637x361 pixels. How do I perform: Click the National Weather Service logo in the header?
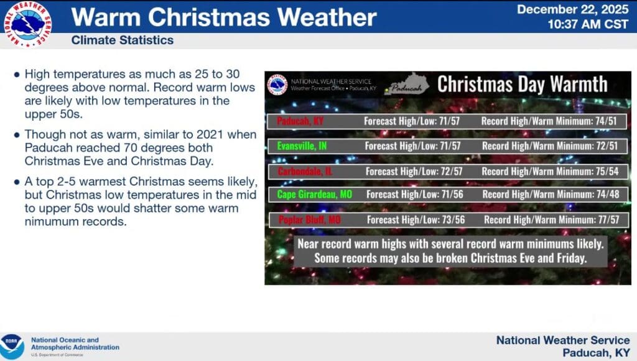pyautogui.click(x=27, y=24)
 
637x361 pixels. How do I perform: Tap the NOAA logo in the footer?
pyautogui.click(x=12, y=346)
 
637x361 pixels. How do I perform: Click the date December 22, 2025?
pyautogui.click(x=572, y=9)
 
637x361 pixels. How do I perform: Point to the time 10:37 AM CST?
pyautogui.click(x=587, y=24)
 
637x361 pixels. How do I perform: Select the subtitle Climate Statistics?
pyautogui.click(x=123, y=40)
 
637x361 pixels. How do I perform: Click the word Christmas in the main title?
pyautogui.click(x=209, y=17)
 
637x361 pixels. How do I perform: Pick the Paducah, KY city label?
pyautogui.click(x=300, y=121)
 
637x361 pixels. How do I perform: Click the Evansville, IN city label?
pyautogui.click(x=302, y=146)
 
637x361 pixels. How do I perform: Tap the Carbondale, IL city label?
pyautogui.click(x=305, y=171)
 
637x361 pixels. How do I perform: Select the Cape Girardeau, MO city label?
pyautogui.click(x=315, y=194)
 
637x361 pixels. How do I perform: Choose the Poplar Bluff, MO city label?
pyautogui.click(x=310, y=220)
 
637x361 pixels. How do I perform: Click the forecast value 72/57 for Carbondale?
pyautogui.click(x=452, y=171)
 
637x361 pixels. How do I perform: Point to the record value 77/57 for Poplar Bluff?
pyautogui.click(x=608, y=220)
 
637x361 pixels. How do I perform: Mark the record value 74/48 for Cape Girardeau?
pyautogui.click(x=608, y=194)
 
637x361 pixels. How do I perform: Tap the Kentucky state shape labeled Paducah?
pyautogui.click(x=407, y=85)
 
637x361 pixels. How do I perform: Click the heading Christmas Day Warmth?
pyautogui.click(x=523, y=85)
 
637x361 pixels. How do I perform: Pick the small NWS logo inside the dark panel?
pyautogui.click(x=277, y=85)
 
